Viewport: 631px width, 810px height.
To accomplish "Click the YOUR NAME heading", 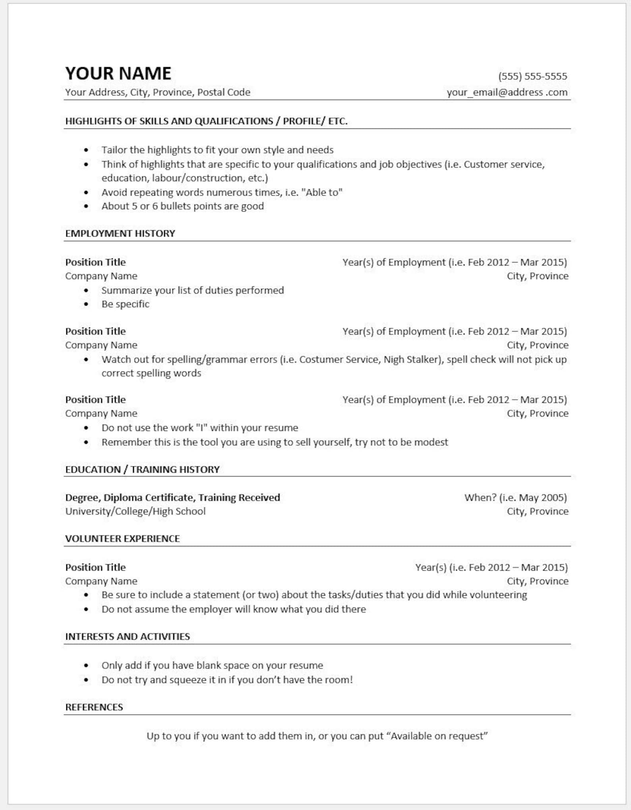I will pyautogui.click(x=118, y=74).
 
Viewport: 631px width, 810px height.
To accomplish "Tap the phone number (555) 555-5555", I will pyautogui.click(x=532, y=76).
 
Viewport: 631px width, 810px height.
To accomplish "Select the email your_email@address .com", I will pyautogui.click(x=507, y=92).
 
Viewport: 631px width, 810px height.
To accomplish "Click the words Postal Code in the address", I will pyautogui.click(x=224, y=92).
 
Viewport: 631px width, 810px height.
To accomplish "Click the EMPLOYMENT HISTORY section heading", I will pyautogui.click(x=120, y=233).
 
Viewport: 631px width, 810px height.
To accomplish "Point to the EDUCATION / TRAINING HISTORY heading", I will pyautogui.click(x=142, y=469).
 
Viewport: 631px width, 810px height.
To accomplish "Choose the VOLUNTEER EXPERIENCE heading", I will pyautogui.click(x=122, y=538).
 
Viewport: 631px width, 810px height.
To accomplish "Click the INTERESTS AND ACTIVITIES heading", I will pyautogui.click(x=127, y=636).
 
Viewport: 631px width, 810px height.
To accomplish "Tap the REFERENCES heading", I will pyautogui.click(x=94, y=707).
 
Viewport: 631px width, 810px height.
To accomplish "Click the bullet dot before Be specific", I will pyautogui.click(x=86, y=304).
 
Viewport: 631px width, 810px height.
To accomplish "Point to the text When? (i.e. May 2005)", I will pyautogui.click(x=515, y=497).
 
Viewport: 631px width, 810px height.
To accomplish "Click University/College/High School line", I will pyautogui.click(x=135, y=511).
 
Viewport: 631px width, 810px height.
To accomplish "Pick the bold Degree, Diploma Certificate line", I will pyautogui.click(x=172, y=497).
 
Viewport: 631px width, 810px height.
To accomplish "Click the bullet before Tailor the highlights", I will pyautogui.click(x=86, y=150).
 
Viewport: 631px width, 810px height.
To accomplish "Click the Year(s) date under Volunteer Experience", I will pyautogui.click(x=491, y=567).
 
